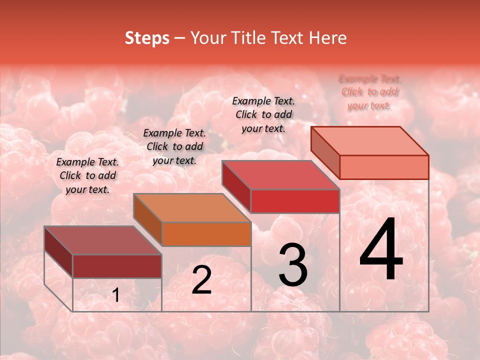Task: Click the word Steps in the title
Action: pos(147,38)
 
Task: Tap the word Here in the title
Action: pos(328,38)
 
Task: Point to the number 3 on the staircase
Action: pos(293,265)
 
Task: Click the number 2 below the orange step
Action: pos(201,280)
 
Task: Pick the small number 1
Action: pos(115,295)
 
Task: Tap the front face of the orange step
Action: pos(206,234)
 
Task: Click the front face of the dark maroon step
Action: pos(117,266)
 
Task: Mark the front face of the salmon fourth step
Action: pos(384,167)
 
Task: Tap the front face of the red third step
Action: pos(295,201)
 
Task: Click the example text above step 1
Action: pos(87,175)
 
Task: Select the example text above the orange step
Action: pos(174,146)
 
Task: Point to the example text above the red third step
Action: pos(263,114)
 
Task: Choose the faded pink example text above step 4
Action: pos(370,92)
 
